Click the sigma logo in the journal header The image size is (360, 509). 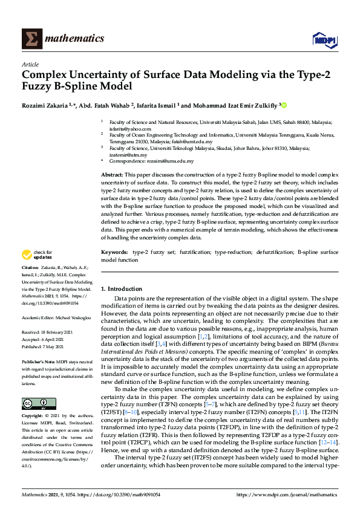31,39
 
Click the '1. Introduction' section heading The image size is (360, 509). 122,289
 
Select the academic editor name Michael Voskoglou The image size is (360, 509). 74,317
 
